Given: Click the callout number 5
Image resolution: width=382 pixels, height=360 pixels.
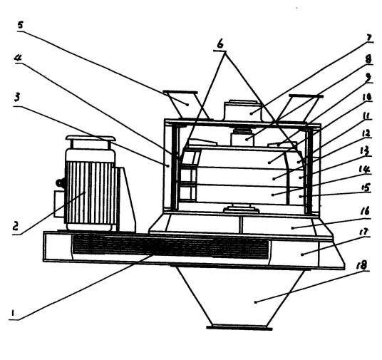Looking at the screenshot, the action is pyautogui.click(x=21, y=25).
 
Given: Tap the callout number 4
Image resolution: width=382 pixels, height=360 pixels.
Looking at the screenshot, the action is pyautogui.click(x=18, y=58).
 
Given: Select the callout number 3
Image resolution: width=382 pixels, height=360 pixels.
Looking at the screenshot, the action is pyautogui.click(x=16, y=98).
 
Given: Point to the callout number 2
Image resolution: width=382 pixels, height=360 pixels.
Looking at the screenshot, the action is pyautogui.click(x=16, y=225).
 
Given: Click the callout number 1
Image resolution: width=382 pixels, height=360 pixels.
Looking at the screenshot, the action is pyautogui.click(x=13, y=313).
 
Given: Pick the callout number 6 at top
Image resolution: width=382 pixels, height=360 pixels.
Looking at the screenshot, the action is pyautogui.click(x=220, y=44).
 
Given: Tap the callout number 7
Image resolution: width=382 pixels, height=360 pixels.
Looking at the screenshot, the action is pyautogui.click(x=369, y=38).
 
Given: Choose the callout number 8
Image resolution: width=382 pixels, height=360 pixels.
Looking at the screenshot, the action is pyautogui.click(x=368, y=59).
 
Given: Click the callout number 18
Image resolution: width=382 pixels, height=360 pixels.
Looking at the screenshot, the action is pyautogui.click(x=362, y=265).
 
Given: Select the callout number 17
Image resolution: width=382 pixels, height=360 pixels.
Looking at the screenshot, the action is pyautogui.click(x=363, y=232).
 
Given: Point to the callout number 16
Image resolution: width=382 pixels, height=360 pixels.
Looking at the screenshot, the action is pyautogui.click(x=364, y=211).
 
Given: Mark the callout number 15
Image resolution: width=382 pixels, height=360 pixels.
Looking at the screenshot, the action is pyautogui.click(x=365, y=188).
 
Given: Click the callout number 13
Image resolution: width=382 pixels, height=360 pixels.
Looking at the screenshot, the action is pyautogui.click(x=365, y=151).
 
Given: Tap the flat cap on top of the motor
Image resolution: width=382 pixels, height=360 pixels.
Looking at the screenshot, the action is pyautogui.click(x=91, y=138).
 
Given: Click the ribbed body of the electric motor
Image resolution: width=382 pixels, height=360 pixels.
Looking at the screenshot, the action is pyautogui.click(x=91, y=192).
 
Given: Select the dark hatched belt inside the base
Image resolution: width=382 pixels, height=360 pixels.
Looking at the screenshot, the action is pyautogui.click(x=170, y=246).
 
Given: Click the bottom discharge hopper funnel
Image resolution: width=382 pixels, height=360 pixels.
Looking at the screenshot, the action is pyautogui.click(x=240, y=297).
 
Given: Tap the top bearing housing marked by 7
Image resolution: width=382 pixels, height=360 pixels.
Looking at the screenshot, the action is pyautogui.click(x=242, y=111).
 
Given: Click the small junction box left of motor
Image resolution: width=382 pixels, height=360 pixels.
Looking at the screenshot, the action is pyautogui.click(x=59, y=204).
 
